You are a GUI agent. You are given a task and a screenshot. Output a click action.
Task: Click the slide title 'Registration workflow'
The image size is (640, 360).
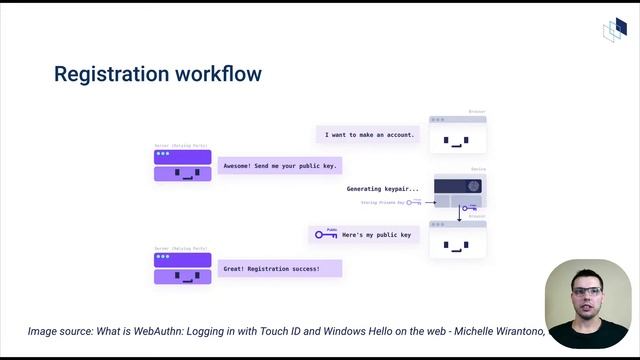(x=157, y=74)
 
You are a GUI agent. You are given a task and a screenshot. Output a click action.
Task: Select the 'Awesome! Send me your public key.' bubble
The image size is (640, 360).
(x=280, y=165)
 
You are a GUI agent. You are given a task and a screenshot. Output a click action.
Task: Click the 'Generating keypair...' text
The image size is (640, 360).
(x=383, y=188)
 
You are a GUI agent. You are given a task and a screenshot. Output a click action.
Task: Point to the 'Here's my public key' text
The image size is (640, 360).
(x=376, y=235)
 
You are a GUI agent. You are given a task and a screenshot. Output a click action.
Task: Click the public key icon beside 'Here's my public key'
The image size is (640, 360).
(x=326, y=235)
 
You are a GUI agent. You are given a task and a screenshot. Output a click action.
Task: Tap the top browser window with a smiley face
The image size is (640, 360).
(x=457, y=135)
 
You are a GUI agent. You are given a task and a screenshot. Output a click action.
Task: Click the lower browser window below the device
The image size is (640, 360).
(x=457, y=240)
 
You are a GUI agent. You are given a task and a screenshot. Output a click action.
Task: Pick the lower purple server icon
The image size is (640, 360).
(x=182, y=268)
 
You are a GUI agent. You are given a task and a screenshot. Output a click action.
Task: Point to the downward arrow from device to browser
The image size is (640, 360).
(x=459, y=212)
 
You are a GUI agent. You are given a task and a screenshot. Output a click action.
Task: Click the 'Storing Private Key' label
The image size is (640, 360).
(x=382, y=202)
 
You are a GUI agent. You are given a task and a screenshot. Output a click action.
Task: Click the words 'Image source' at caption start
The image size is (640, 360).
(x=59, y=331)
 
